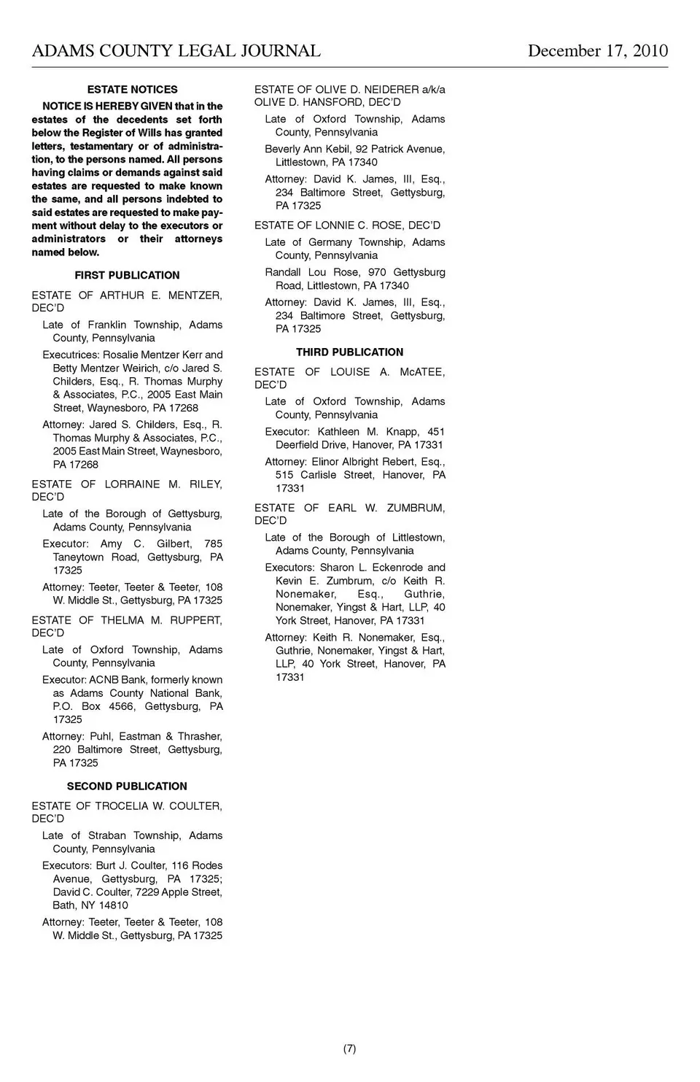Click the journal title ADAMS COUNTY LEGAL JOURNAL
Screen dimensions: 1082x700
click(176, 51)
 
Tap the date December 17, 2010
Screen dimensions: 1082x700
click(597, 51)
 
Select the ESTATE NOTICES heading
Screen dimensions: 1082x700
click(132, 90)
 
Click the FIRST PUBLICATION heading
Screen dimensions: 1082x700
click(127, 275)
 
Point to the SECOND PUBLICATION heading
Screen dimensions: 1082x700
click(127, 787)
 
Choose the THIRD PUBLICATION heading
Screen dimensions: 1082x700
click(349, 352)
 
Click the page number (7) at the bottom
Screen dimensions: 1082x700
click(349, 1048)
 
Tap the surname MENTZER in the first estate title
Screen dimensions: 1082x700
click(195, 295)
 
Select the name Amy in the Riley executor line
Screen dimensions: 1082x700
click(112, 544)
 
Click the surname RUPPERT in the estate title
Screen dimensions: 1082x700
click(196, 620)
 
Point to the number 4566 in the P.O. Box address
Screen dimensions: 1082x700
click(121, 706)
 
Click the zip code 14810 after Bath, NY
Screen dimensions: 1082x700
click(113, 905)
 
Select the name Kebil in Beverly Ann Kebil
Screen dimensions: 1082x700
click(336, 149)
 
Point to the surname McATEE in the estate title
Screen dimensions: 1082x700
click(422, 372)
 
